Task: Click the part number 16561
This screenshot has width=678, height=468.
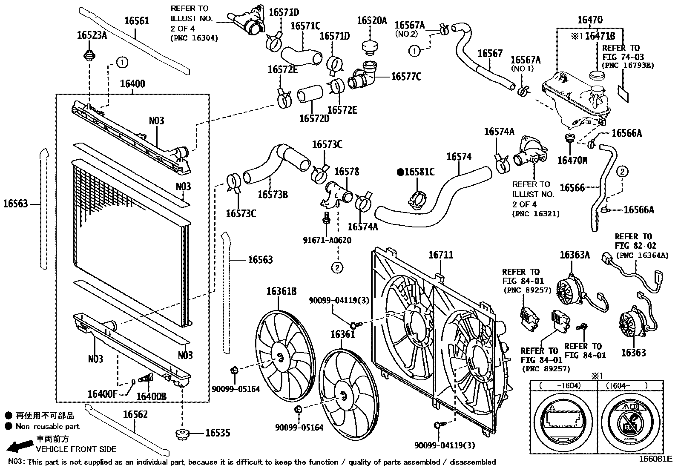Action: tap(137, 21)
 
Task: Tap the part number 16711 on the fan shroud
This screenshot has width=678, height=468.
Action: tap(441, 255)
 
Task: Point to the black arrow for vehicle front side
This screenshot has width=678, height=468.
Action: tap(19, 446)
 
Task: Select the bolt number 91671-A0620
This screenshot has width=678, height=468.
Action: tap(327, 241)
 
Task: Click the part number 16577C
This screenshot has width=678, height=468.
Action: tap(406, 77)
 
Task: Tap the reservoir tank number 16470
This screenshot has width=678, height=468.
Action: tap(590, 20)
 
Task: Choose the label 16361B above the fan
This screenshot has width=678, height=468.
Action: tap(282, 292)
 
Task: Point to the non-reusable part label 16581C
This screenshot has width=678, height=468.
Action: tap(416, 172)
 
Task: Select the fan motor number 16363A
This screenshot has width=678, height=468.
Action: tap(575, 255)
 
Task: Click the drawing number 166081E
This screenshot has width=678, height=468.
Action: tap(655, 459)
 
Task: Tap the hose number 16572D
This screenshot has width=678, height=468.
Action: tap(314, 118)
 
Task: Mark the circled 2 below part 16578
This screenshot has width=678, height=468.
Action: tap(337, 267)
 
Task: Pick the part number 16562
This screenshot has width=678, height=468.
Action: tap(135, 415)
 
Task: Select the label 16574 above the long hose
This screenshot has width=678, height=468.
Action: tap(459, 157)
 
